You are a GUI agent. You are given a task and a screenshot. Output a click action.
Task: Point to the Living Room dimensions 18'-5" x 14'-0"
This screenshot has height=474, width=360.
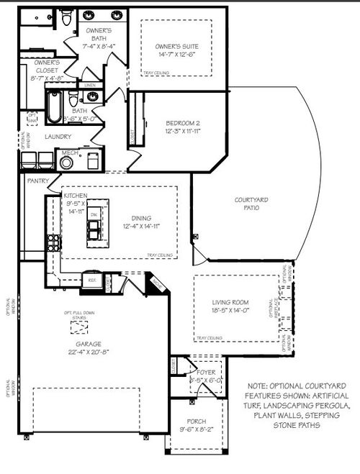click(x=230, y=311)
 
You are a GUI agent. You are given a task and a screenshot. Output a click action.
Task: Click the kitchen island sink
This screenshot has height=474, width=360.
click(x=93, y=230)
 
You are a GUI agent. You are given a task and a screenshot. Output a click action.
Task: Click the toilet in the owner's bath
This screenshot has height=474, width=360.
click(x=68, y=20)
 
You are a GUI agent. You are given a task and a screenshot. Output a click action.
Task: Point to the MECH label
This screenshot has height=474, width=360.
click(x=69, y=153)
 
